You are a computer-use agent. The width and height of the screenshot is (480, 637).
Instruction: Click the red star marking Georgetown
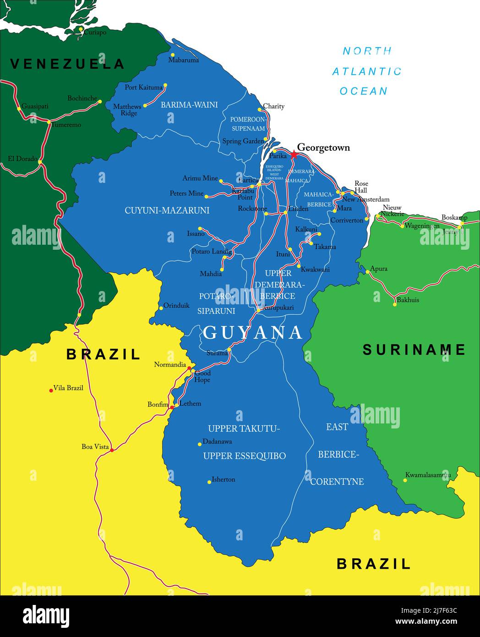293,155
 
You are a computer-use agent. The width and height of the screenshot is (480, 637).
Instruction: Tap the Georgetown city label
323,148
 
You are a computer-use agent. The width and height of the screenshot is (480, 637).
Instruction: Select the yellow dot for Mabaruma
173,55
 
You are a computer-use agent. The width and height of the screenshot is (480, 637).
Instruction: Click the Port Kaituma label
143,87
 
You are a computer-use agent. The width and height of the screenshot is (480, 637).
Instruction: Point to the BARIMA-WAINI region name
189,105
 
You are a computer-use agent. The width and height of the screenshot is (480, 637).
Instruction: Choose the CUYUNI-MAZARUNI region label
167,210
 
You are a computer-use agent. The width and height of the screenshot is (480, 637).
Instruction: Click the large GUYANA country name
253,333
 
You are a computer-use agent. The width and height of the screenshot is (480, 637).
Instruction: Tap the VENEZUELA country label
67,64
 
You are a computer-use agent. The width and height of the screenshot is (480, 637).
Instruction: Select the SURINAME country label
414,350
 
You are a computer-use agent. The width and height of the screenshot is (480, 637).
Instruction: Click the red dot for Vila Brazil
51,390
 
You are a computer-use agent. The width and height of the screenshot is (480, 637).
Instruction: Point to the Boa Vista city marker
112,450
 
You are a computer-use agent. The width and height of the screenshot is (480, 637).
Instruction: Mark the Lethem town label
190,404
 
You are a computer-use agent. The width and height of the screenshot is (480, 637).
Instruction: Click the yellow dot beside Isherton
209,482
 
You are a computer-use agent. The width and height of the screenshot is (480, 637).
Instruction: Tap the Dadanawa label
217,442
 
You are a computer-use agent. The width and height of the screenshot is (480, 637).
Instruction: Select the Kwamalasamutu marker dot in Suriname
405,480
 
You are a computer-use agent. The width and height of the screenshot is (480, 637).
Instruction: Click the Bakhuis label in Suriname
408,300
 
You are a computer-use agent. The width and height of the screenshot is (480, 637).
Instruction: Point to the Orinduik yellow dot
161,308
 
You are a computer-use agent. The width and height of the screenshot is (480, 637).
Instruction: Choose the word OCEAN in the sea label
364,91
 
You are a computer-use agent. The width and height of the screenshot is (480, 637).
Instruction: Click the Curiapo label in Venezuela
95,33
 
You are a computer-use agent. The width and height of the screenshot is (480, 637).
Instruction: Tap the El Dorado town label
22,159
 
